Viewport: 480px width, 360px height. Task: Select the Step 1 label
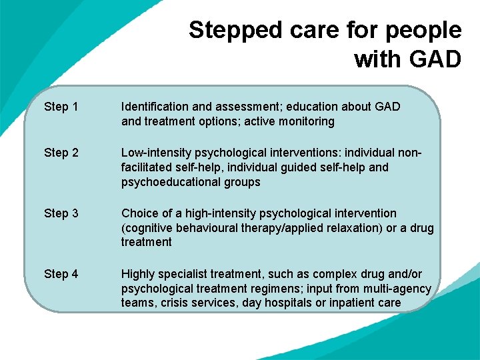pyautogui.click(x=61, y=107)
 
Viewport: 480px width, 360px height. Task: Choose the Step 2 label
pyautogui.click(x=61, y=153)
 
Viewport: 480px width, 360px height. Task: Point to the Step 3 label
pyautogui.click(x=61, y=213)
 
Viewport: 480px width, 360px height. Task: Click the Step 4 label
pyautogui.click(x=61, y=274)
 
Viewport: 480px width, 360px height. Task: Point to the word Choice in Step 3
pyautogui.click(x=138, y=213)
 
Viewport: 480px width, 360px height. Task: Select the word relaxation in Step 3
pyautogui.click(x=348, y=228)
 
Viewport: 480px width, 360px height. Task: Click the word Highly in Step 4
pyautogui.click(x=137, y=274)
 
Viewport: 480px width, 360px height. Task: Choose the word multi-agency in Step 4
pyautogui.click(x=397, y=289)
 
